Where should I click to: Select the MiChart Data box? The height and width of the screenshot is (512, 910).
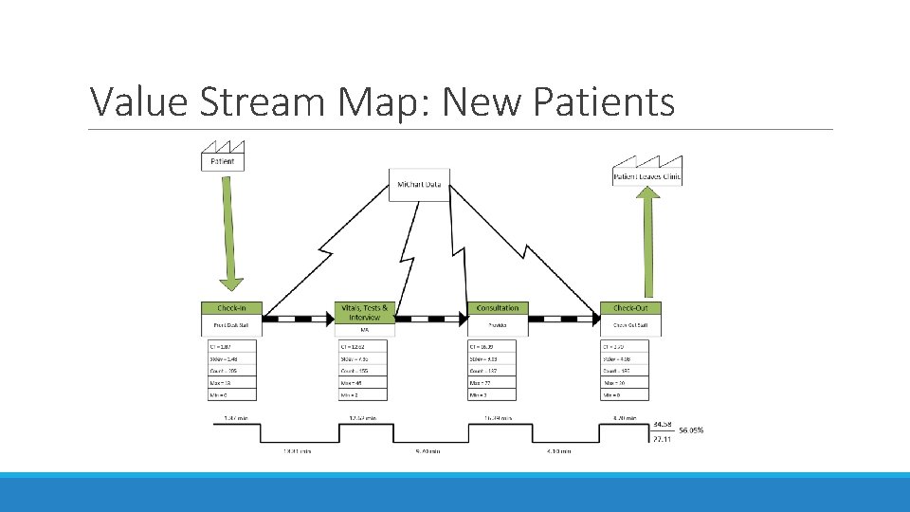point(419,184)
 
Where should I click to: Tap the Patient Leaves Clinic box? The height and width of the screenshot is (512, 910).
point(647,175)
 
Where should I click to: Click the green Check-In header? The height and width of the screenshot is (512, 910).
point(231,308)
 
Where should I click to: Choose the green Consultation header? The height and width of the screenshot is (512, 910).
point(498,308)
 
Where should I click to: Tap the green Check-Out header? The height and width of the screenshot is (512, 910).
point(630,308)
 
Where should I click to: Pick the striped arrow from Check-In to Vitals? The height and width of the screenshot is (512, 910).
point(298,319)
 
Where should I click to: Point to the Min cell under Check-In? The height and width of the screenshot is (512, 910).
point(231,393)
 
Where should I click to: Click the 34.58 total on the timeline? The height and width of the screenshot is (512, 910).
point(663,423)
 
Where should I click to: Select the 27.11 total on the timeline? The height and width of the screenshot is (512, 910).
point(663,440)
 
